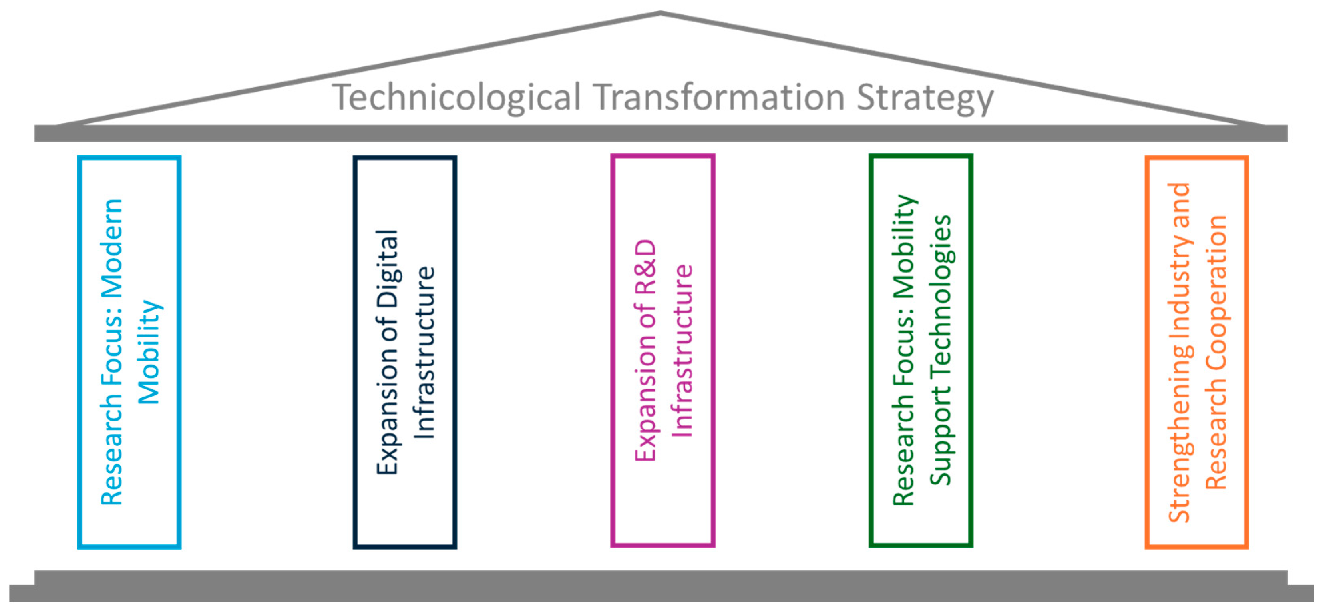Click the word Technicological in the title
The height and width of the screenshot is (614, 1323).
click(x=457, y=97)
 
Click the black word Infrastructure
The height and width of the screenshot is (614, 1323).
click(x=425, y=353)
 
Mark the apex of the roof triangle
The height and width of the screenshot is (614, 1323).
click(x=661, y=13)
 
